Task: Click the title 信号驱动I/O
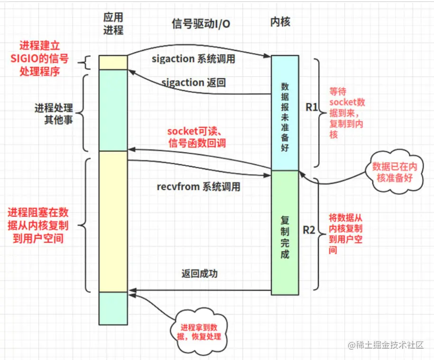coord(201,23)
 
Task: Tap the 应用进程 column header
coord(113,24)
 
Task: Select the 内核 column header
coord(280,22)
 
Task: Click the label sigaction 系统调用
coord(194,59)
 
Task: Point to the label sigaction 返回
coord(194,83)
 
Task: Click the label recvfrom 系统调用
coord(198,186)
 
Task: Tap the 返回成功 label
coord(200,274)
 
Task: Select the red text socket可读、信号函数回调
coord(195,137)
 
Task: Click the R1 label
coord(311,107)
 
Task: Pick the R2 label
coord(309,231)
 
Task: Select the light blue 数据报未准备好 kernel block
coord(285,113)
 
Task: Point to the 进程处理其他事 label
coord(53,114)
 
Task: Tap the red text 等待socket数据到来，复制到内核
coord(347,113)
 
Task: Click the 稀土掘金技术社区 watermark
coord(385,345)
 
